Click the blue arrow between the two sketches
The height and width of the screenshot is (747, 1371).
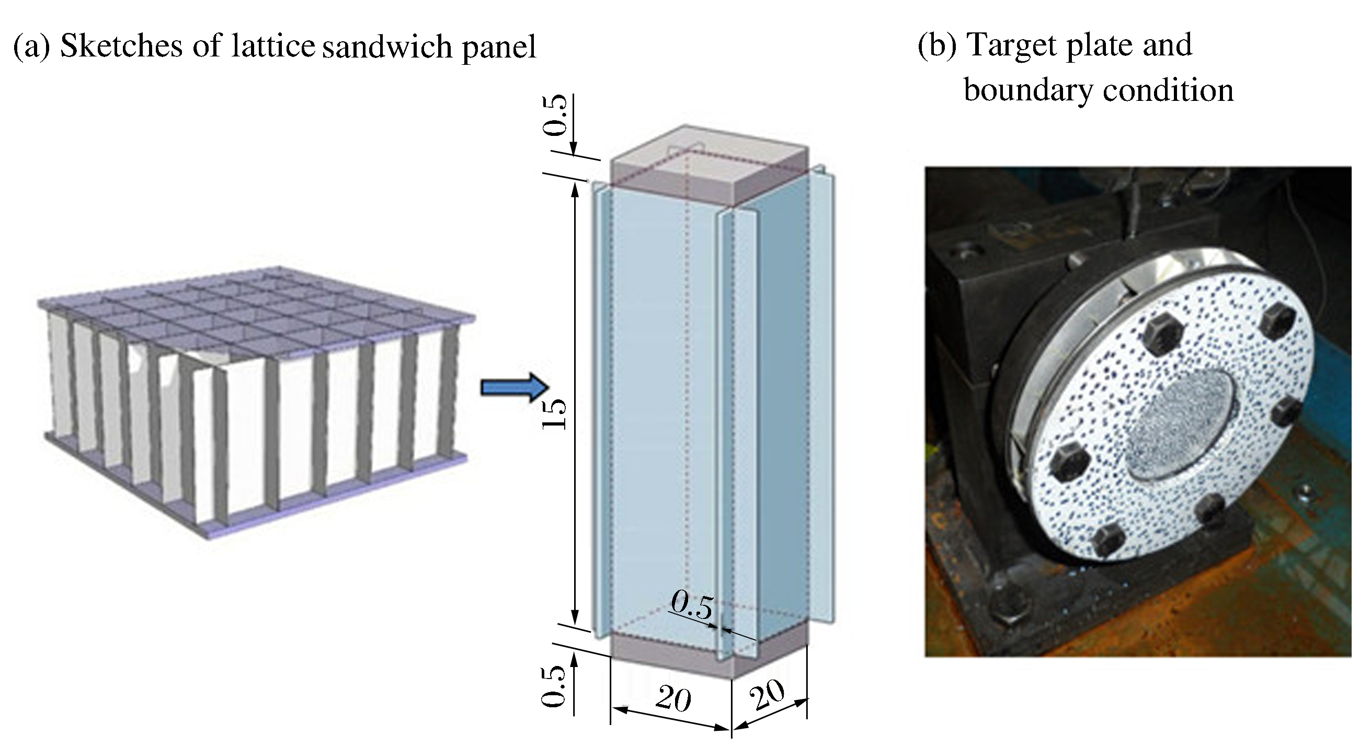click(x=513, y=388)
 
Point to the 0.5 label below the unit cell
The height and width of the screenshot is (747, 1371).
click(x=555, y=686)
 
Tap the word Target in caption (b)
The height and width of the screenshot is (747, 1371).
click(x=1012, y=46)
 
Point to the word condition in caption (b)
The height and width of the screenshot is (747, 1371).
click(x=1168, y=90)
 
